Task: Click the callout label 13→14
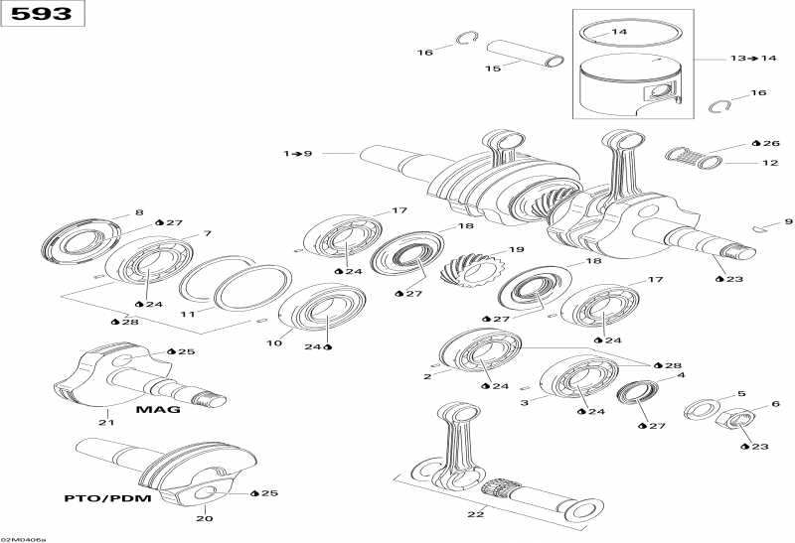click(x=752, y=59)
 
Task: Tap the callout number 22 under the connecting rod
click(x=476, y=513)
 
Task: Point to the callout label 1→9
click(x=297, y=154)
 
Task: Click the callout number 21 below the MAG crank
click(x=106, y=422)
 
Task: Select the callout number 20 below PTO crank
click(x=206, y=518)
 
